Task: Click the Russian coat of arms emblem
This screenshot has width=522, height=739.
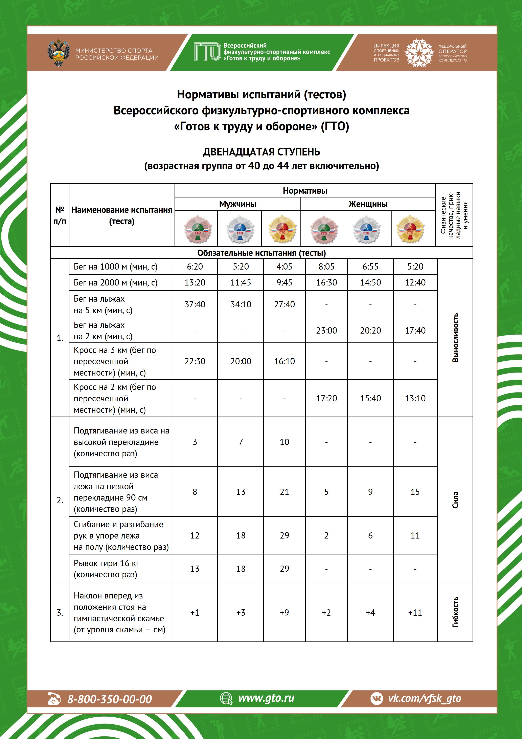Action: [x=59, y=53]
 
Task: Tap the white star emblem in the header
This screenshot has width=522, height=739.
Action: [x=419, y=53]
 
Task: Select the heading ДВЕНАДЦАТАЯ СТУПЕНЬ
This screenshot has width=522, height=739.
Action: [x=261, y=152]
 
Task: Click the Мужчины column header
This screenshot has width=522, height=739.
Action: [x=238, y=204]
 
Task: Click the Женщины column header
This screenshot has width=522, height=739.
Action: [x=368, y=204]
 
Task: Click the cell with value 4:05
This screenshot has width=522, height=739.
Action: [x=284, y=267]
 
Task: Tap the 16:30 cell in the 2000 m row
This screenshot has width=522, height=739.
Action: [x=326, y=283]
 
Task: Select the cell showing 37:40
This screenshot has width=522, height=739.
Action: [x=195, y=304]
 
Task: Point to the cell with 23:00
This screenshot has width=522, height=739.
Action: [x=326, y=331]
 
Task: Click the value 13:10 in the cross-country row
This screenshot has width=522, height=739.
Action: [x=415, y=398]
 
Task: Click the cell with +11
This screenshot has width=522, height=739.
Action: [x=415, y=613]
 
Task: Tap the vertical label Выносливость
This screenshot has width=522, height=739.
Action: [x=455, y=338]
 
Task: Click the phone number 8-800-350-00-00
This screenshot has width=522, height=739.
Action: [x=109, y=699]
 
